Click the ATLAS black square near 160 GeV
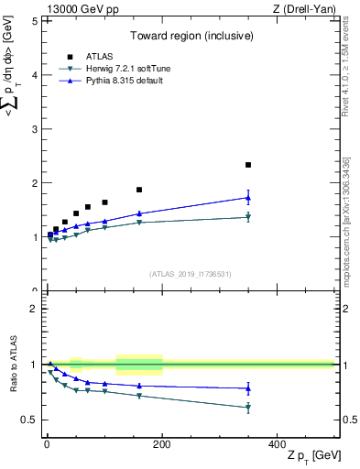(139, 190)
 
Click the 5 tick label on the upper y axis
(33, 20)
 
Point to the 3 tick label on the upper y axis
(33, 129)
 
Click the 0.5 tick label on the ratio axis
(28, 420)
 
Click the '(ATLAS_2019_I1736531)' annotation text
(191, 274)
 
